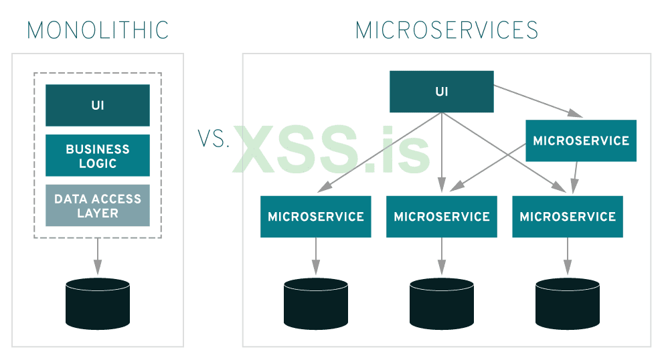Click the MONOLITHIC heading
(x=98, y=30)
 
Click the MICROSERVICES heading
(x=446, y=30)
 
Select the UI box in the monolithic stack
(x=98, y=105)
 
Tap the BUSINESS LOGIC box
(x=98, y=155)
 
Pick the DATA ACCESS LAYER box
(x=98, y=205)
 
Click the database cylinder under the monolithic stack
(x=98, y=303)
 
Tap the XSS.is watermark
(x=331, y=151)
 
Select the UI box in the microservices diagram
(x=442, y=92)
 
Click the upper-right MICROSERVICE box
(x=580, y=141)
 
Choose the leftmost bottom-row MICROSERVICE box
(x=315, y=217)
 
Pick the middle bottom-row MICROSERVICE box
(x=442, y=217)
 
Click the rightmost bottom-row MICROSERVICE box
(x=568, y=217)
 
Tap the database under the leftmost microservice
(x=315, y=303)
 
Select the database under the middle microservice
(x=442, y=303)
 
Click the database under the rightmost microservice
(x=568, y=303)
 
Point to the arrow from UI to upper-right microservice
(x=535, y=100)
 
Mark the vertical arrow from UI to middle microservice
(x=442, y=154)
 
